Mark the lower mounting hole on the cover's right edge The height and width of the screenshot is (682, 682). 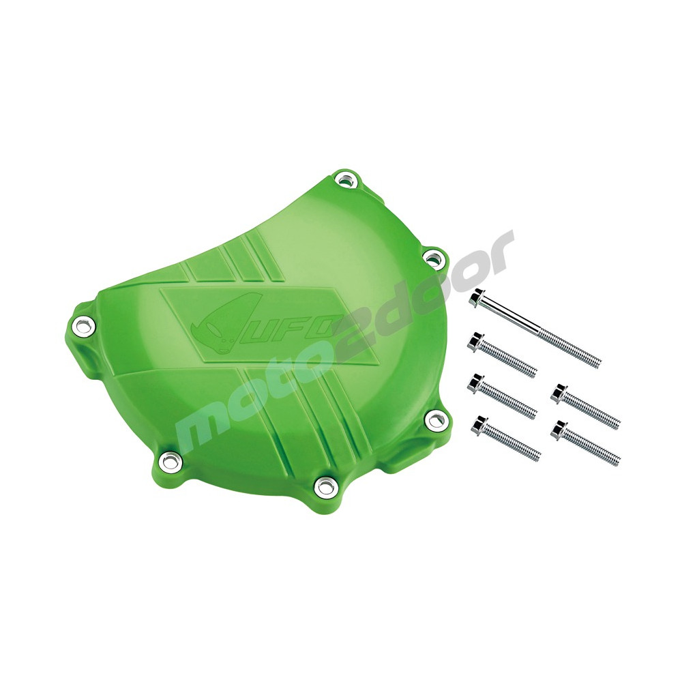click(434, 419)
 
